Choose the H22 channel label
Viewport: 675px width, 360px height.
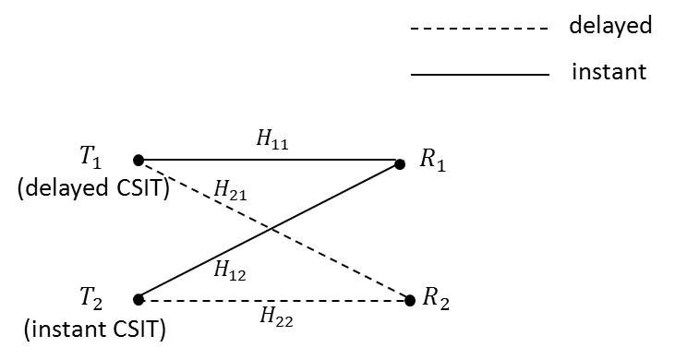click(x=273, y=317)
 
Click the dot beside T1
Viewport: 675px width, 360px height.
click(x=138, y=160)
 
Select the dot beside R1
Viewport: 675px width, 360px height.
click(x=400, y=164)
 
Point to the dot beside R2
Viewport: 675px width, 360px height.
click(x=411, y=300)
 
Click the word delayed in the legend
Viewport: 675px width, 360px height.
click(x=610, y=26)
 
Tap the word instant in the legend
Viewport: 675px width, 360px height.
click(x=609, y=71)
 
